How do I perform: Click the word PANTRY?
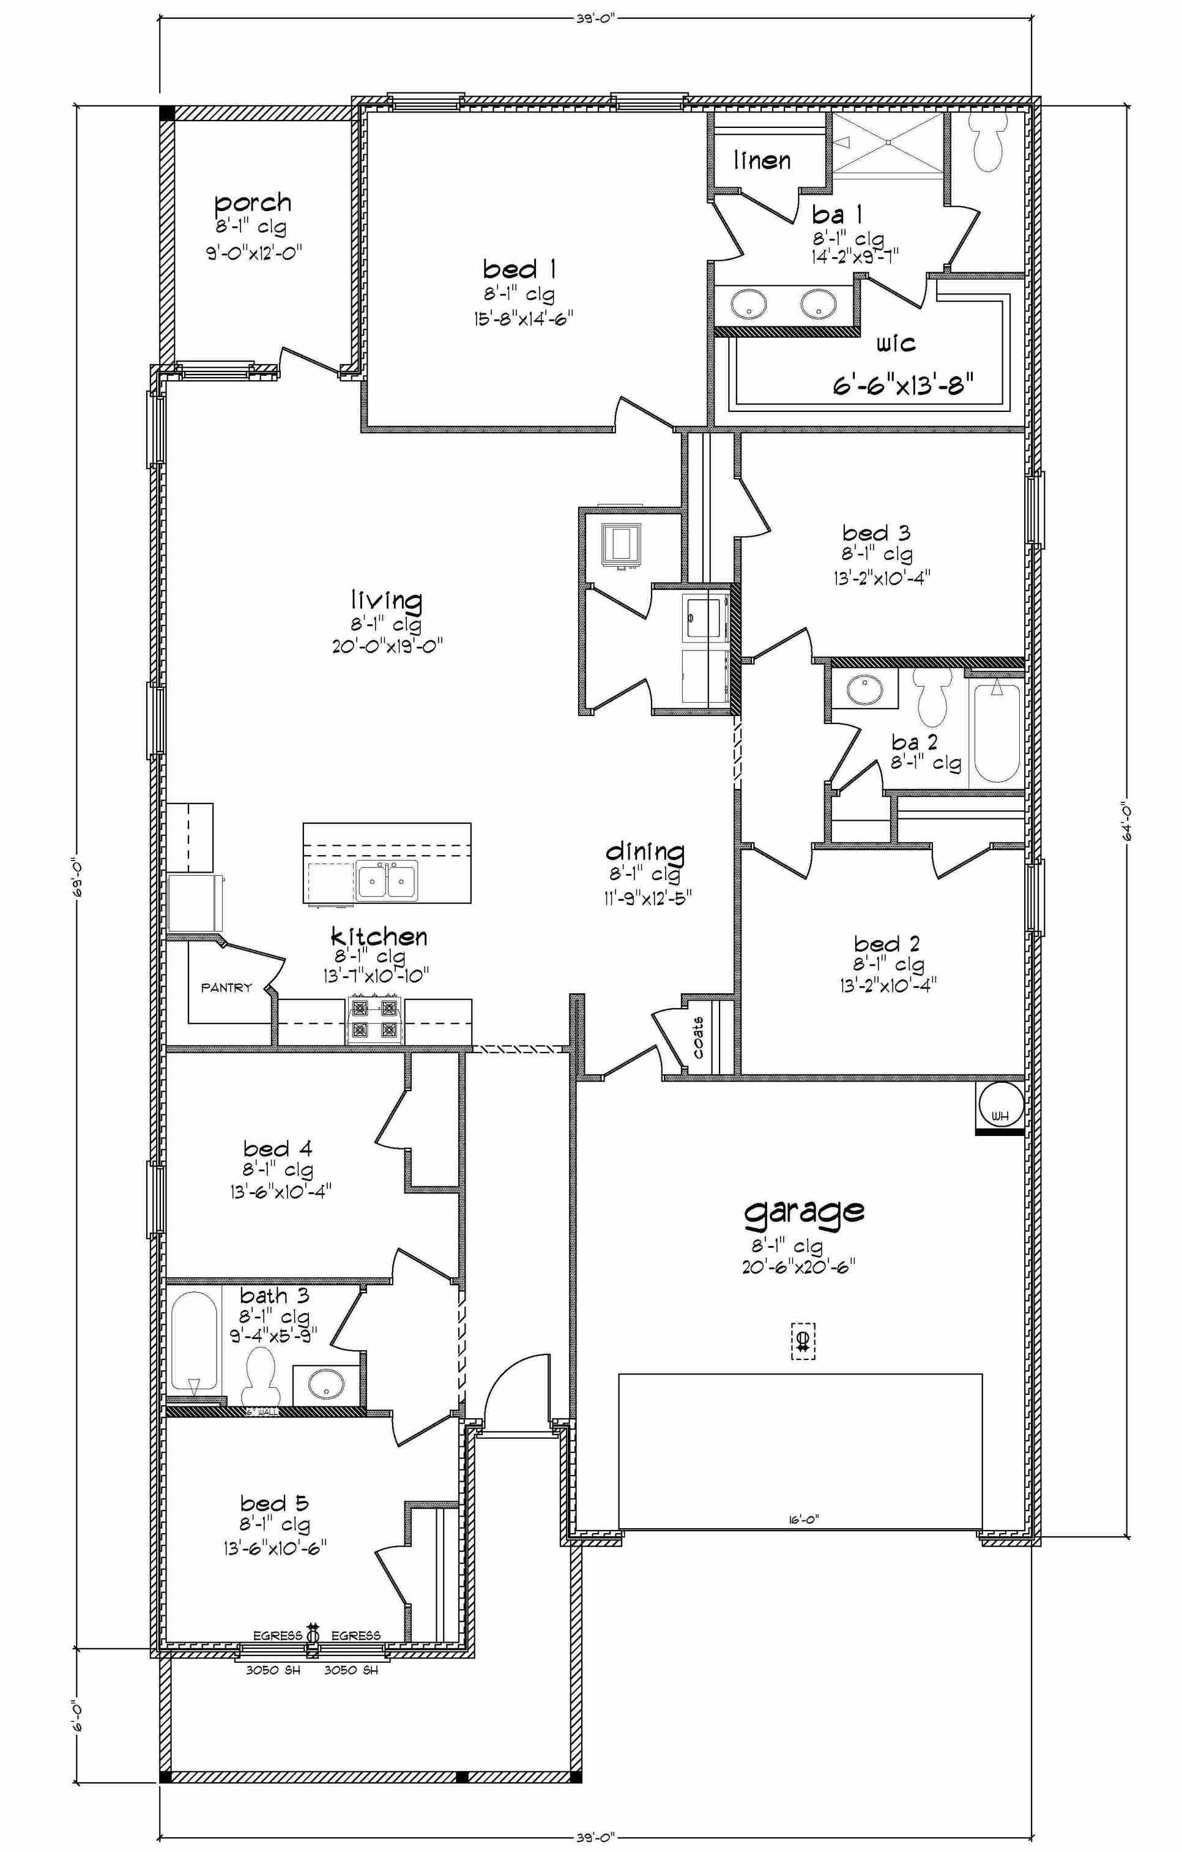click(226, 988)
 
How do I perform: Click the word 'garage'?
click(804, 1211)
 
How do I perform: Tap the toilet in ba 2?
click(932, 696)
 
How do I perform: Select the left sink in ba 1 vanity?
click(746, 304)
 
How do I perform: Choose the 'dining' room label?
click(645, 851)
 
